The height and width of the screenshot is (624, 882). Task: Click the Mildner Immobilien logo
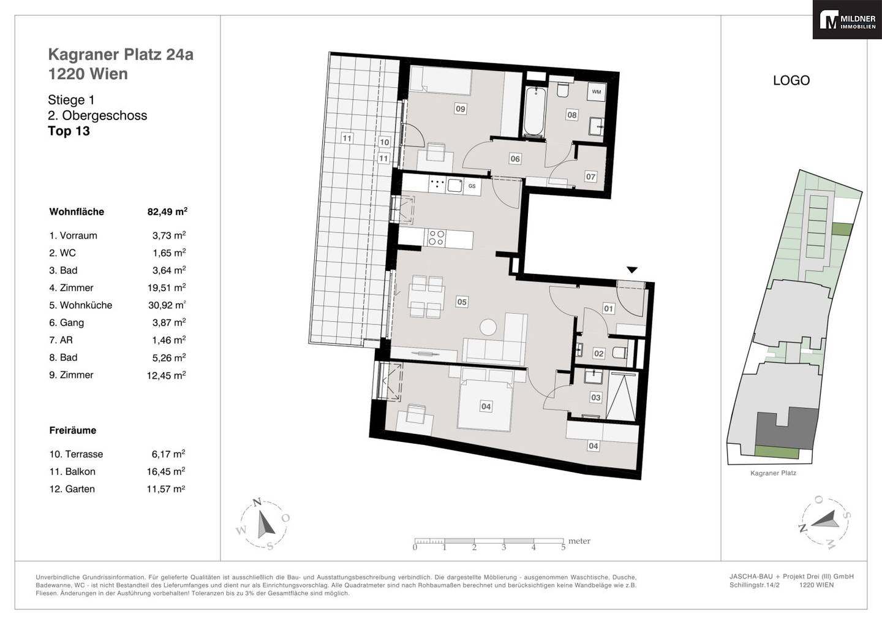click(x=847, y=19)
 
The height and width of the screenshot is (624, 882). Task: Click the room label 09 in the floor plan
click(x=460, y=108)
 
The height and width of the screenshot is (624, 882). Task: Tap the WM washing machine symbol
click(x=596, y=92)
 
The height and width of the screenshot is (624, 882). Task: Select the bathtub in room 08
click(x=535, y=112)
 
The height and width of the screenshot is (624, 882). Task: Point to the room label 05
click(x=462, y=302)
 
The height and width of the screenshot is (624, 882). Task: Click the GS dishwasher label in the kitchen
click(x=472, y=186)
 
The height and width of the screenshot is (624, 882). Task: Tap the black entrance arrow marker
click(x=632, y=270)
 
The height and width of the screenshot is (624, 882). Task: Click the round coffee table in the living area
click(x=489, y=327)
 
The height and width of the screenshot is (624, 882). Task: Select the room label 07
click(x=590, y=177)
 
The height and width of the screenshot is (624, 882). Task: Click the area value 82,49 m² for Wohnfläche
click(x=167, y=211)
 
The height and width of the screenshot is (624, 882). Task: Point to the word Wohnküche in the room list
click(x=86, y=305)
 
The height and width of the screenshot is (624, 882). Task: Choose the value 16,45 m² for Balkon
click(x=166, y=471)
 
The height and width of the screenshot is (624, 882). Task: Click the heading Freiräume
click(x=73, y=430)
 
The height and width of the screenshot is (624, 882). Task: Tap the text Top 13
click(x=69, y=131)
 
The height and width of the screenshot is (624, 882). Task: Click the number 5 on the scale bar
click(x=563, y=547)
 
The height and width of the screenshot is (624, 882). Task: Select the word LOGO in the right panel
click(x=791, y=80)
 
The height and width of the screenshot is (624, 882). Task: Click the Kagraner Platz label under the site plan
click(x=774, y=473)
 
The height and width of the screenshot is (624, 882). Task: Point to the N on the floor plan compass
click(x=257, y=502)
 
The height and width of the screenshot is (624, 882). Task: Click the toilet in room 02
click(x=620, y=352)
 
